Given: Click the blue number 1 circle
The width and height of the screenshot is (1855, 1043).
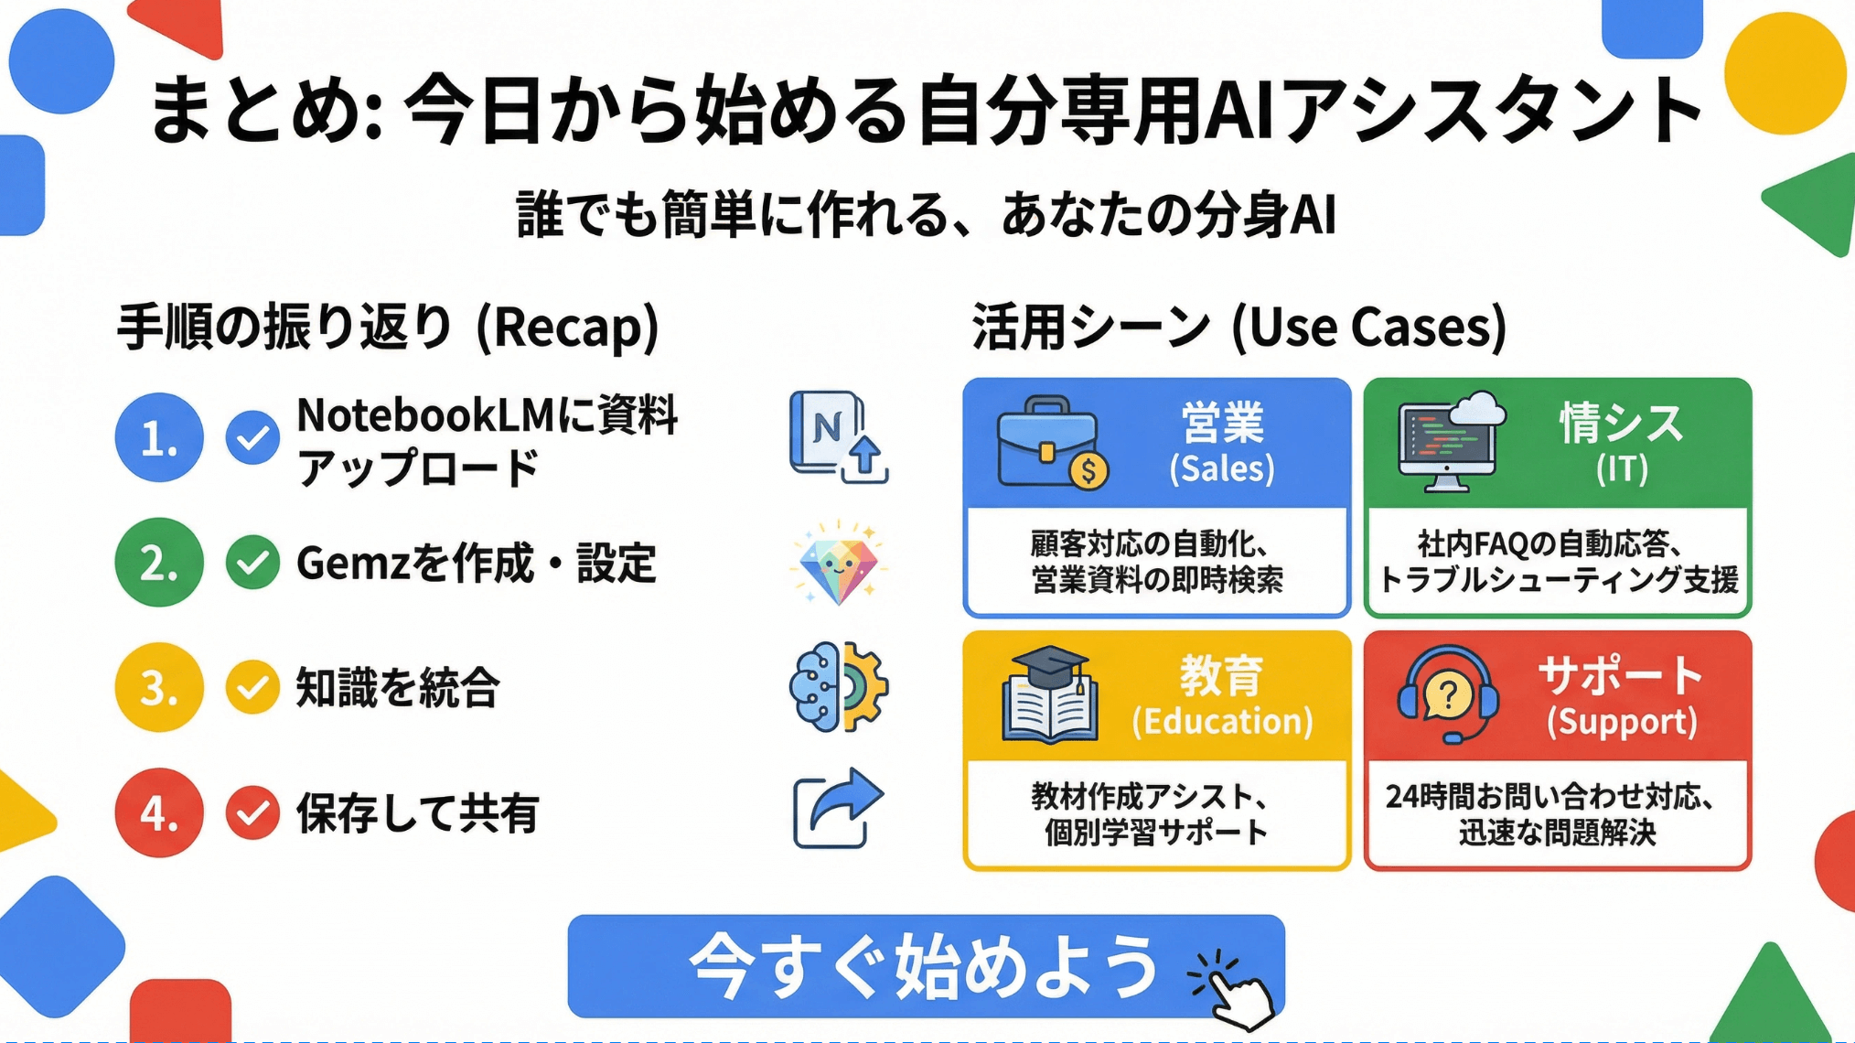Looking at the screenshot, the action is pos(159,437).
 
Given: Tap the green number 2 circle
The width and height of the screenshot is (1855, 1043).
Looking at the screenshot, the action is pos(159,563).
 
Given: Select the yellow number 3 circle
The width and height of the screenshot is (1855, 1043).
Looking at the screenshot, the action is pos(159,687).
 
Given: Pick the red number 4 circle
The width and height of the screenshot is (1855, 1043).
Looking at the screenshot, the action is pos(159,812).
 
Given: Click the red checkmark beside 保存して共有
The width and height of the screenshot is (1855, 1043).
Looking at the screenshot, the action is pos(252,812).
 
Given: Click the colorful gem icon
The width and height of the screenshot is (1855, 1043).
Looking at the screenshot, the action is pos(838,563).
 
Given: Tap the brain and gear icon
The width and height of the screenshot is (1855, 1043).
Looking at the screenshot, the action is pos(838,687).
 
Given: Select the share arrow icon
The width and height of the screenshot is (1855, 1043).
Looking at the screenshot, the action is pos(838,809).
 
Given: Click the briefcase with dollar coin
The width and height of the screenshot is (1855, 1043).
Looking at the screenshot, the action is pos(1052,444).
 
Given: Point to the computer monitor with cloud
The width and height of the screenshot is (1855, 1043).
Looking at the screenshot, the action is pos(1452,442).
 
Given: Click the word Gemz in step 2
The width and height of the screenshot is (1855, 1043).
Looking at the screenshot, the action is pos(353,563).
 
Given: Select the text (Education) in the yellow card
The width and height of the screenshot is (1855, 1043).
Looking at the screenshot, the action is pos(1222,721).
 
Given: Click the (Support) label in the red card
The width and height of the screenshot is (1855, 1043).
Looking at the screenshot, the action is pos(1622,721).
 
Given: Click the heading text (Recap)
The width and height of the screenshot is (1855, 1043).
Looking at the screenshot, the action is pos(568,327).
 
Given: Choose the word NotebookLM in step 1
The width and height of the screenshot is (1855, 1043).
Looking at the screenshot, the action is pos(425,416).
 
